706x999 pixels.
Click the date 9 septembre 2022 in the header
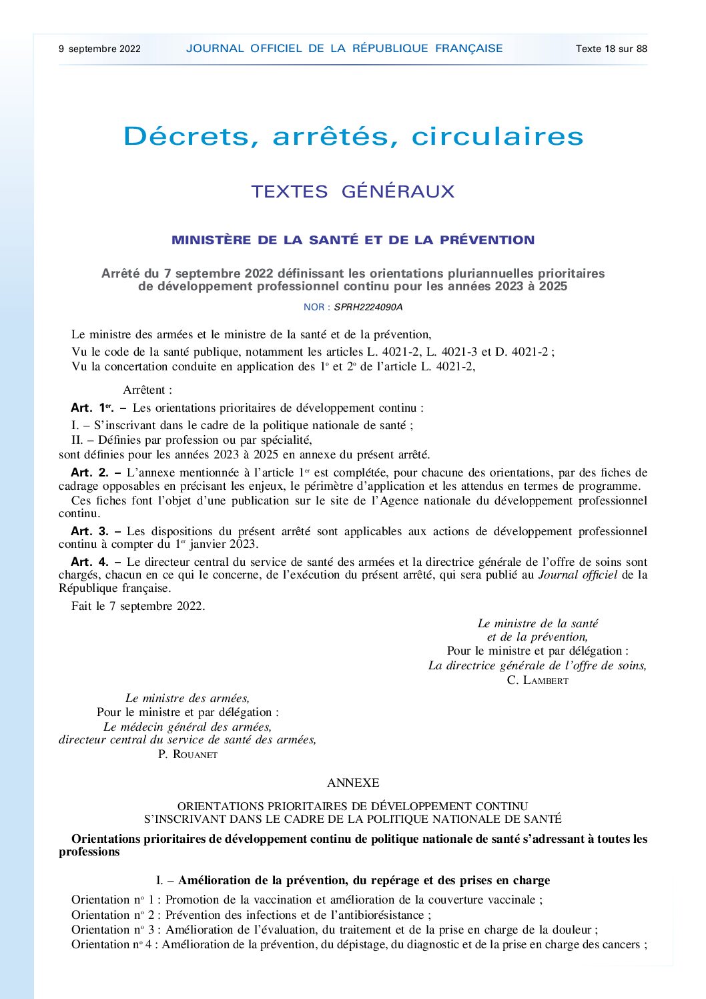tap(99, 49)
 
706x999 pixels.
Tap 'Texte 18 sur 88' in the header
tap(611, 49)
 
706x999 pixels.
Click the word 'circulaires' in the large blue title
tap(497, 137)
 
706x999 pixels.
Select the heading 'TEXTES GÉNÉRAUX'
tap(352, 192)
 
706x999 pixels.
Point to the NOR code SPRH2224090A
tap(368, 308)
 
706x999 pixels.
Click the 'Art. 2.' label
tap(89, 472)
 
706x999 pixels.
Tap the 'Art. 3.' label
tap(89, 531)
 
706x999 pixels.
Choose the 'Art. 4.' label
tap(89, 562)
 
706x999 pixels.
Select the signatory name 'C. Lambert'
tap(537, 680)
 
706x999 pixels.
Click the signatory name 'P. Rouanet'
tap(188, 754)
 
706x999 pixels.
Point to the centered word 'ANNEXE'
tap(353, 783)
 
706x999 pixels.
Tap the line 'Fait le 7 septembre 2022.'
tap(138, 606)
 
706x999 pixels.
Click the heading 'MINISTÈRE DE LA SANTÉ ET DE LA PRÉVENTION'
tap(353, 240)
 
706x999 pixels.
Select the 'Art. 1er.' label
tap(91, 408)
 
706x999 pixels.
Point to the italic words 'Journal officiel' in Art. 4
tap(577, 575)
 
